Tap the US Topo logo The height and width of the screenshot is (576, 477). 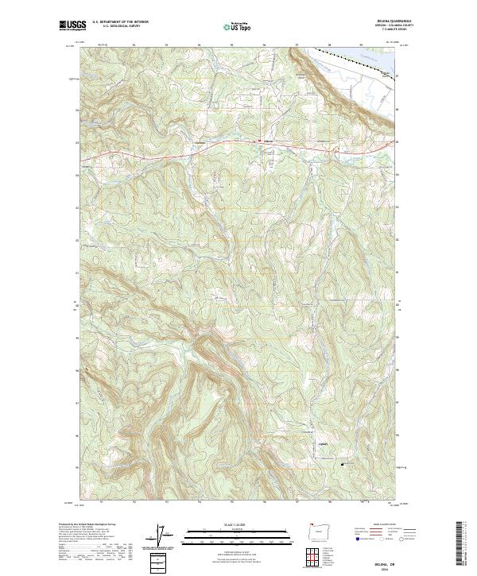[234, 26]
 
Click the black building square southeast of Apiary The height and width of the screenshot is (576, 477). [343, 463]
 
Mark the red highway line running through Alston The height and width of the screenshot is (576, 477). [238, 144]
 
